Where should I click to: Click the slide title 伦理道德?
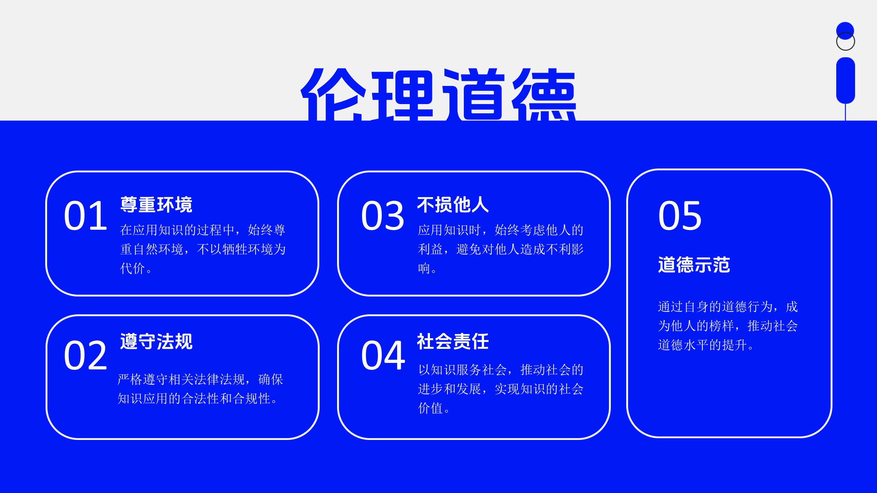coord(438,94)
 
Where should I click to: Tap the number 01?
coord(86,216)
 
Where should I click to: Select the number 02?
coord(86,355)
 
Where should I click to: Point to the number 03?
coord(383,216)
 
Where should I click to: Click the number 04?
coord(383,355)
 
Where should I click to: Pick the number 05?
coord(680,216)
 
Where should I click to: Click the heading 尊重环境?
coord(156,205)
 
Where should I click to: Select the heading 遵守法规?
coord(156,341)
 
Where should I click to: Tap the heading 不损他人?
coord(453,205)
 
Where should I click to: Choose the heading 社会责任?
coord(453,341)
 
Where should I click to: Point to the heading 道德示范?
coord(694,265)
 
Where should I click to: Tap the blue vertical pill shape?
coord(845,80)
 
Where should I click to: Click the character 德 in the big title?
coord(544,94)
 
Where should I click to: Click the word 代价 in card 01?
coord(133,268)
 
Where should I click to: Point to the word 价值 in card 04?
coord(431,408)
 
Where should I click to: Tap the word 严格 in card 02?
coord(130,379)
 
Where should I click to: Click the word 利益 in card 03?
coord(431,249)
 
